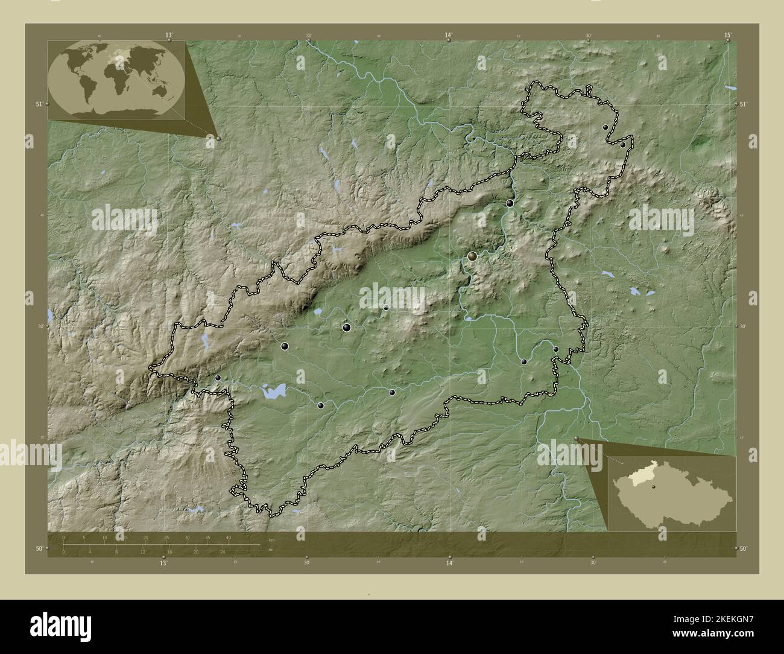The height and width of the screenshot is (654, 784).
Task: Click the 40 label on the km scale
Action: click(x=228, y=537)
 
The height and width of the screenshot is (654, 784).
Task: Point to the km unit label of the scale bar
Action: click(x=271, y=539)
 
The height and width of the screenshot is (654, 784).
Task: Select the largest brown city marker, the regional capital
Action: click(x=472, y=256)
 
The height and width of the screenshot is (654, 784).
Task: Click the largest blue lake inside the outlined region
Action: click(x=272, y=392)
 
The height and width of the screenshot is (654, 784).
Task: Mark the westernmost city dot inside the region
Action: click(x=218, y=378)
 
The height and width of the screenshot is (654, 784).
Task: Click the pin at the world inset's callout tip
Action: click(x=218, y=139)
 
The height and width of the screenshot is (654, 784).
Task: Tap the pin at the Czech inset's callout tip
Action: click(x=577, y=439)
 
